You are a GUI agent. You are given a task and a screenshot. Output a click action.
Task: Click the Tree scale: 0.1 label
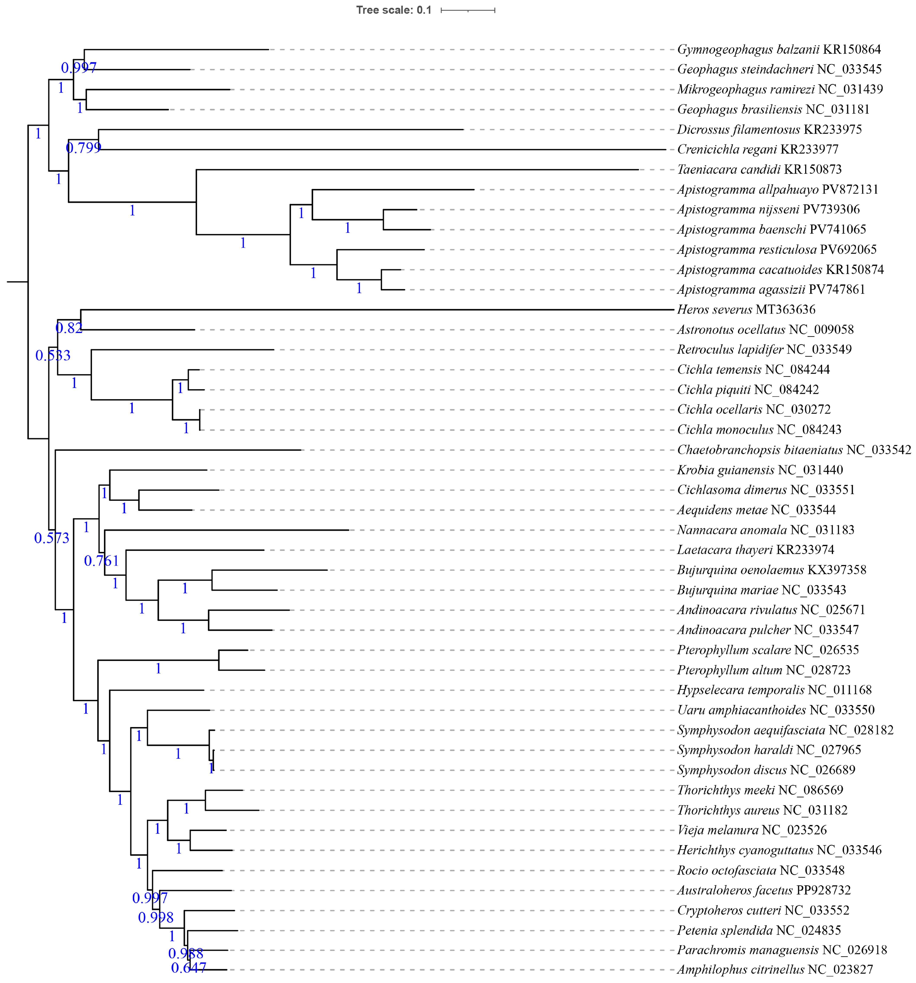click(x=394, y=10)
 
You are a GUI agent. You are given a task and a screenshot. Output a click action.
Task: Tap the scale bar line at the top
click(x=467, y=10)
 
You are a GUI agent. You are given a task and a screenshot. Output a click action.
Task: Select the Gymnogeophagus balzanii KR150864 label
click(x=779, y=50)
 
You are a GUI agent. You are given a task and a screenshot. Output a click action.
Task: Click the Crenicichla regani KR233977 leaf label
click(x=757, y=149)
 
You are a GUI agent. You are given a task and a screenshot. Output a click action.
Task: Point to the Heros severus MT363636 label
click(x=746, y=310)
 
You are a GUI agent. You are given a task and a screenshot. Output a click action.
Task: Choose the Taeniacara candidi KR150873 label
click(x=759, y=170)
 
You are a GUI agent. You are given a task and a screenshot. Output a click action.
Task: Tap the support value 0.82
click(x=69, y=328)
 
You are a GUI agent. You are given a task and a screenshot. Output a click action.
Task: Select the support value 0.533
click(x=53, y=355)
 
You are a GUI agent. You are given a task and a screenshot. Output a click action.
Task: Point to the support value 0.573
click(x=52, y=538)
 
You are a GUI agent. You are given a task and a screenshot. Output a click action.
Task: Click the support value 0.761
click(x=101, y=561)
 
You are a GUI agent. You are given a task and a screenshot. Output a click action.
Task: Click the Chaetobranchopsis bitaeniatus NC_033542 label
click(x=793, y=450)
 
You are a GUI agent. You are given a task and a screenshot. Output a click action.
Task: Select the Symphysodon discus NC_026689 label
click(x=766, y=770)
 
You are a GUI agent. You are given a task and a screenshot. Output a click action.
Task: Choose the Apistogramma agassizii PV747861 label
click(x=771, y=290)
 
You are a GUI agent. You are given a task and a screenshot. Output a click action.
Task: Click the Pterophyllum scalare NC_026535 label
click(x=768, y=650)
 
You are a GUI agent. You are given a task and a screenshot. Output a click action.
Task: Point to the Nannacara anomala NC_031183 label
click(x=765, y=530)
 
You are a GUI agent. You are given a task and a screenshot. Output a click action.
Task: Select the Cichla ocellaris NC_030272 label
click(x=753, y=409)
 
